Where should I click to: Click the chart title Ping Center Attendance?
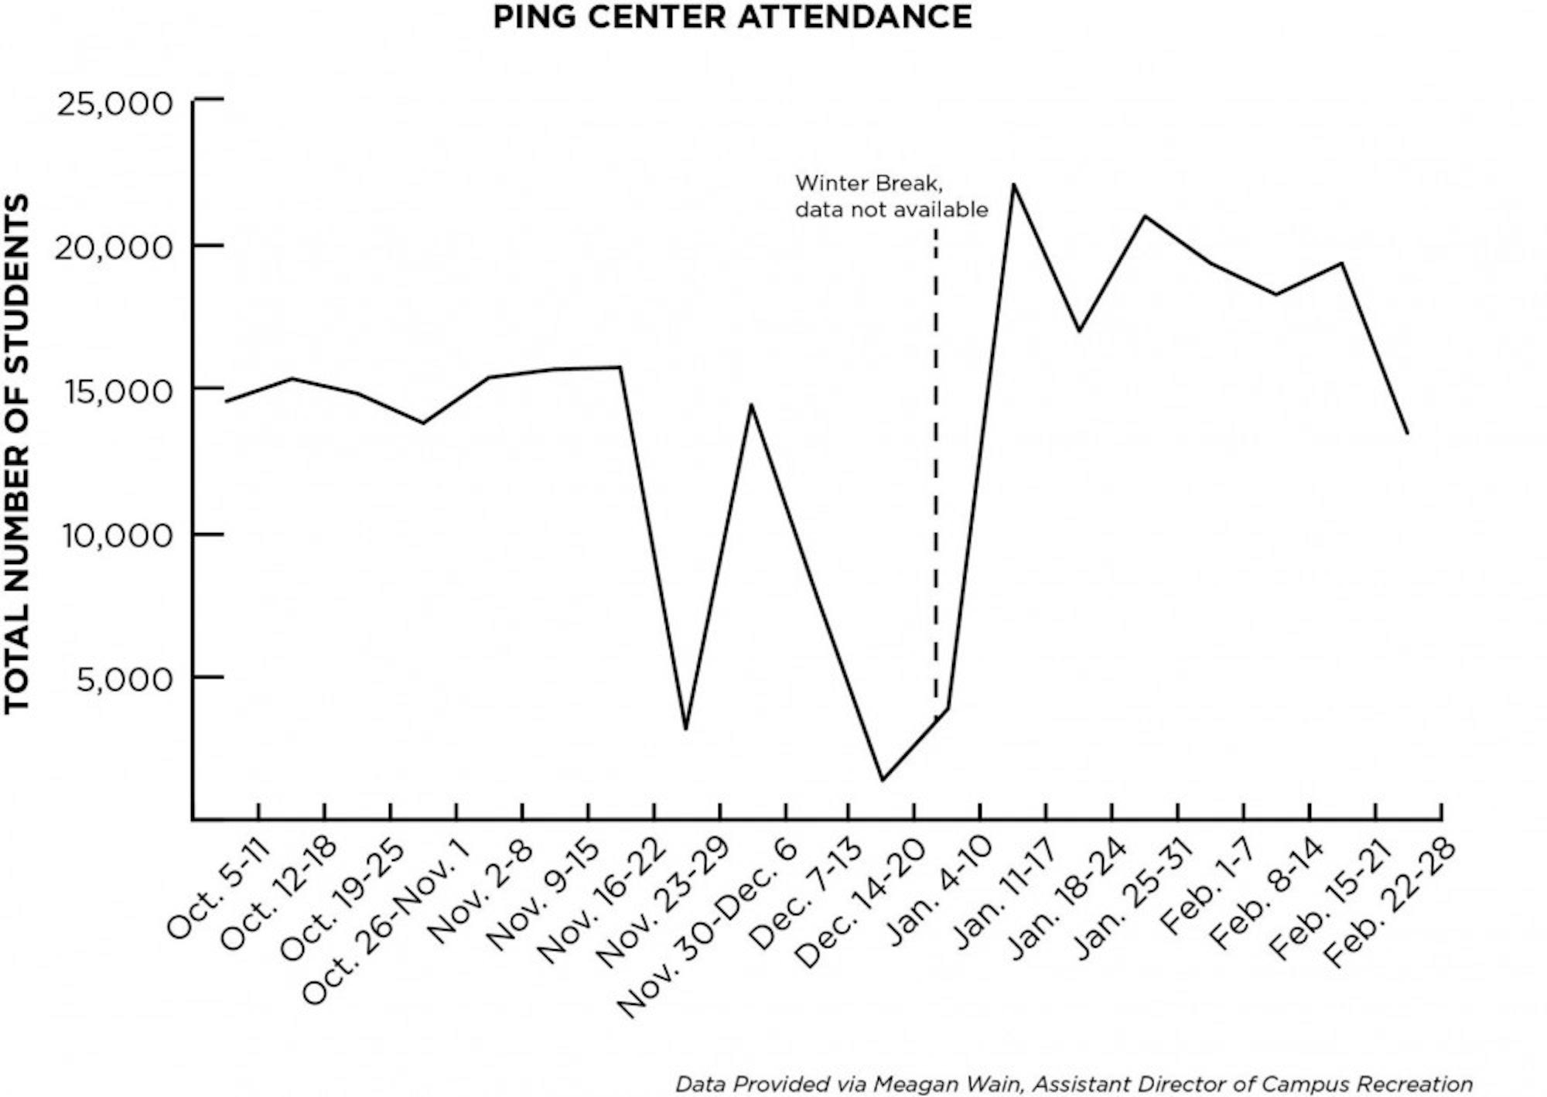click(x=732, y=17)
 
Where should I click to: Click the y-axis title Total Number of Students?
click(x=17, y=453)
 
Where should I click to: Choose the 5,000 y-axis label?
click(x=125, y=679)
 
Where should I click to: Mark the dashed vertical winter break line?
click(x=935, y=464)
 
